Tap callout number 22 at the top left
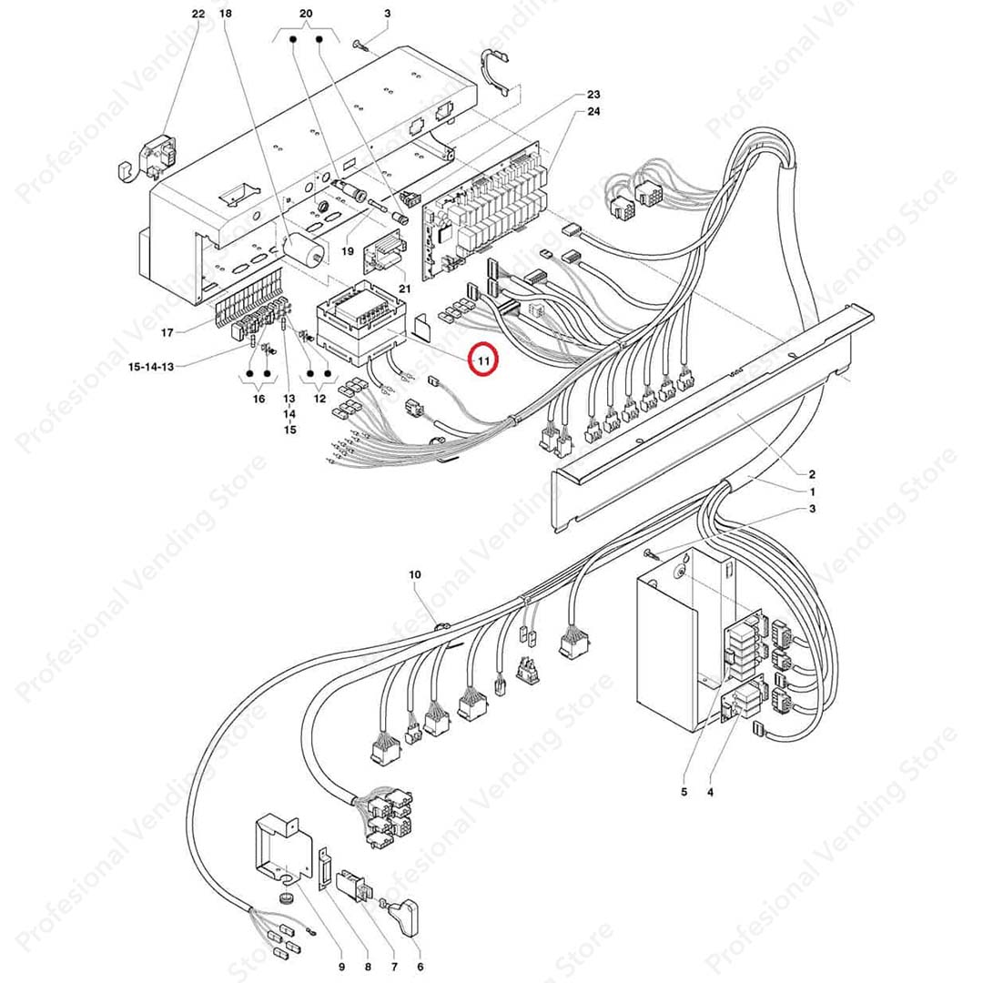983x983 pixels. point(198,14)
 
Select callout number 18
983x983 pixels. point(226,14)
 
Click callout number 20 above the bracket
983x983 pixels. point(306,14)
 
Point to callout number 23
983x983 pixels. point(593,95)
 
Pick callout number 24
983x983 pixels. point(593,112)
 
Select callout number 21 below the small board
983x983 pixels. point(405,289)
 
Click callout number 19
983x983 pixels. point(347,250)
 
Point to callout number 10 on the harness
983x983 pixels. point(415,574)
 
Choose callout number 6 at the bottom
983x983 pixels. point(420,966)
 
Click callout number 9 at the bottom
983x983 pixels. point(341,966)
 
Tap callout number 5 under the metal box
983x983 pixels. point(684,792)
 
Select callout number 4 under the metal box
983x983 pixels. point(710,792)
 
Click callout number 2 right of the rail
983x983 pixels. point(812,474)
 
